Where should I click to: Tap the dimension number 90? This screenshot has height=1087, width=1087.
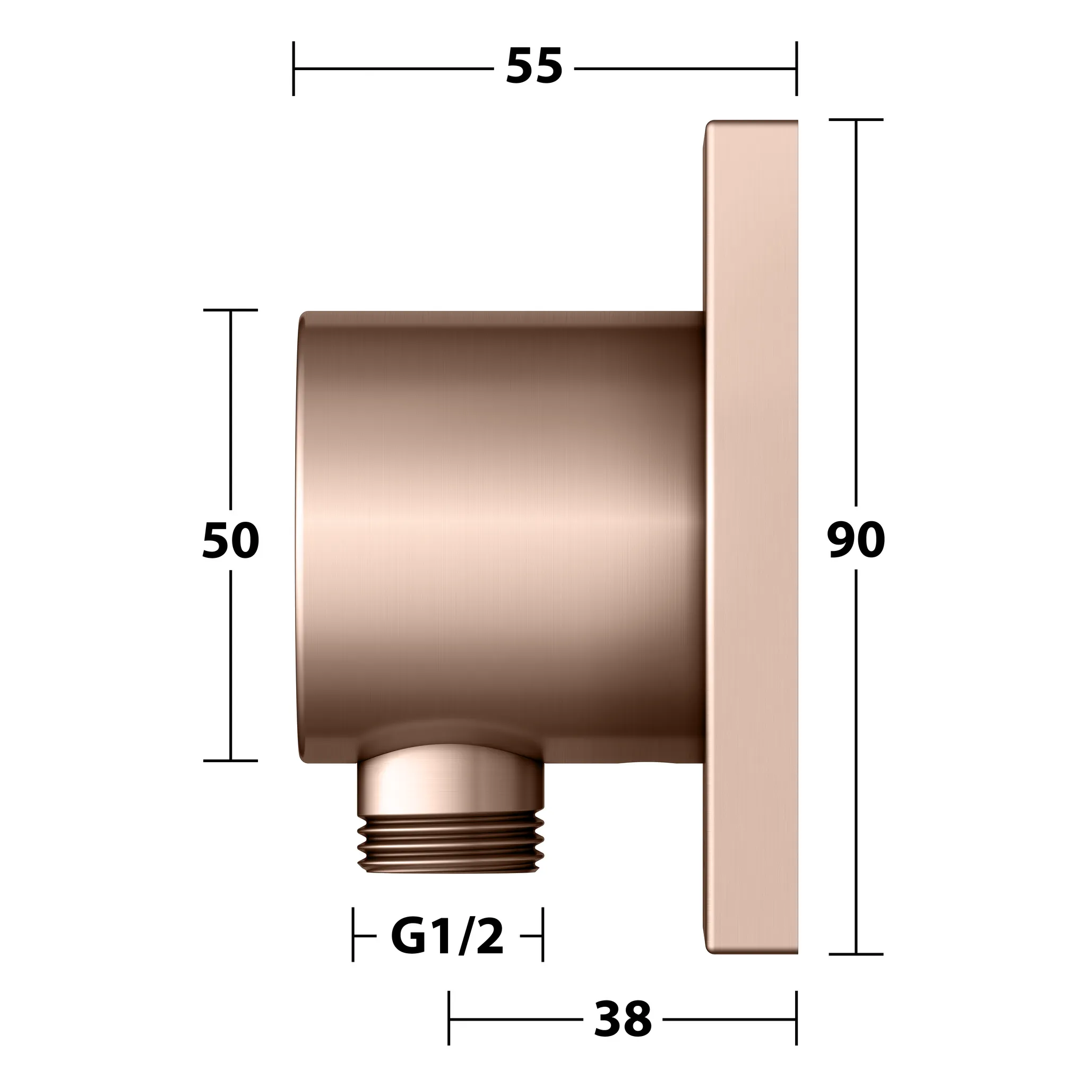click(856, 540)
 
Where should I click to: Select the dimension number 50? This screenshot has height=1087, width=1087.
click(231, 540)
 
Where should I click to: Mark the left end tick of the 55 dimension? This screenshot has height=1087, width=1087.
click(294, 68)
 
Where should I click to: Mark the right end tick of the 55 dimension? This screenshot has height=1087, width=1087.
click(796, 68)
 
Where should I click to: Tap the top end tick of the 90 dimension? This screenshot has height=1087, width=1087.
click(856, 120)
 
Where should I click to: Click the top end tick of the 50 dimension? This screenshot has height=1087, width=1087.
click(230, 310)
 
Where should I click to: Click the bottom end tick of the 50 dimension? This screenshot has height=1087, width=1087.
click(230, 761)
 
